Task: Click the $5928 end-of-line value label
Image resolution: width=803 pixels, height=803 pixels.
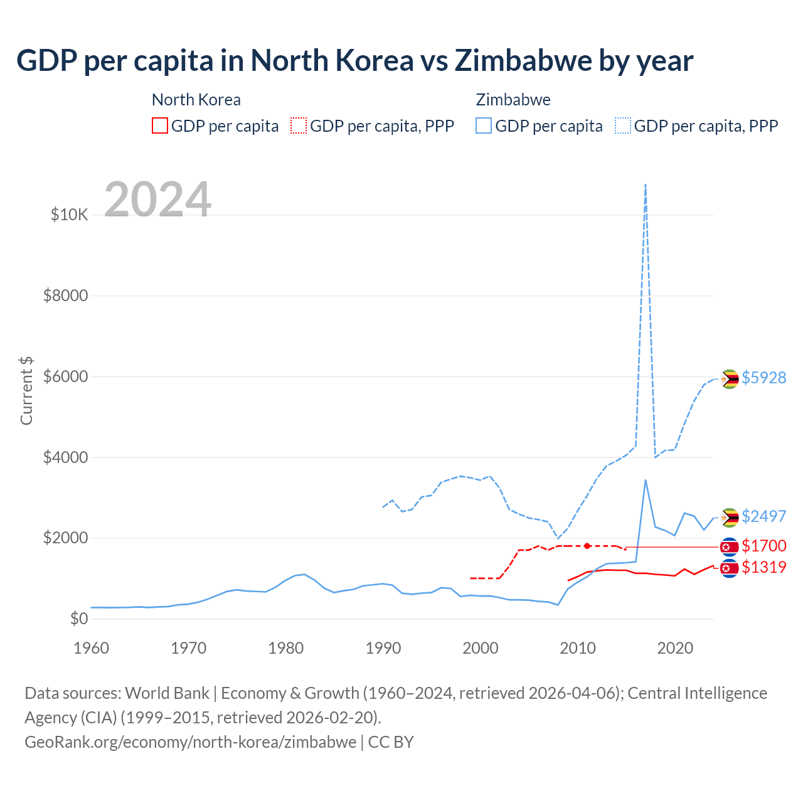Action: coord(763,378)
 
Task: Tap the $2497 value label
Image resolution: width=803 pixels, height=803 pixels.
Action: coord(763,516)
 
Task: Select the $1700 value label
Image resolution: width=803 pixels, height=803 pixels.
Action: coord(763,546)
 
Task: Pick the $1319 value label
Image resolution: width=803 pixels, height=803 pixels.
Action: coord(763,568)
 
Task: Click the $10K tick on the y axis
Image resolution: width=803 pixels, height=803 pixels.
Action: coord(69,215)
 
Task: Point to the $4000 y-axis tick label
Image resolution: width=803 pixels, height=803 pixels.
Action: coord(65,457)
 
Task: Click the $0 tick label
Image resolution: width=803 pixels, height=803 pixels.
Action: coord(78,619)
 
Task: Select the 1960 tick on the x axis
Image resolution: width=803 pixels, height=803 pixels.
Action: coord(92,648)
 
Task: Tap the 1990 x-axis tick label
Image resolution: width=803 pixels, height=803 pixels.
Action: coord(383,648)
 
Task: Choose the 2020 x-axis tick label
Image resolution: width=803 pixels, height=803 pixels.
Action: coord(675,648)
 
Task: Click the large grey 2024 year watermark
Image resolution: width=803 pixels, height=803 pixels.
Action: coord(157,199)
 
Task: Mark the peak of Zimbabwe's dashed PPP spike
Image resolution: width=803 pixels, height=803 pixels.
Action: coord(646,185)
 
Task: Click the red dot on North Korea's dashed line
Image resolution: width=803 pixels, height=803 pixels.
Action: coord(587,546)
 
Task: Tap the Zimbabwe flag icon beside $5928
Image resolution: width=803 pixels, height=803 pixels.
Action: coord(729,379)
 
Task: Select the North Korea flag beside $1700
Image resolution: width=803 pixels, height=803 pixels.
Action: coord(729,547)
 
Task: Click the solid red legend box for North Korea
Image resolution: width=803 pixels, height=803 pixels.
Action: coord(160,125)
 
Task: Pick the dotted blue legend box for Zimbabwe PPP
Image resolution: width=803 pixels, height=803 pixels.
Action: coord(623,125)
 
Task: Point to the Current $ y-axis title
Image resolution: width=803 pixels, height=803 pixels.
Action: coord(26,390)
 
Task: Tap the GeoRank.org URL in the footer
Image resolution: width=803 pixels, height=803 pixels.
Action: coord(190,742)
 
